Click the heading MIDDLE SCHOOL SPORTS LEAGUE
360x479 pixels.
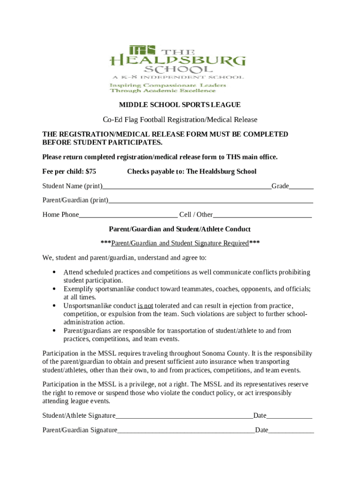click(x=180, y=105)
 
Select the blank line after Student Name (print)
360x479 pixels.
click(x=187, y=187)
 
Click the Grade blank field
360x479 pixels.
click(x=301, y=187)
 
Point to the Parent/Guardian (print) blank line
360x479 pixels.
click(x=210, y=201)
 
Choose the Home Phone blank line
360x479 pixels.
click(x=128, y=216)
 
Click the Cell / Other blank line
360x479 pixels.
click(x=262, y=216)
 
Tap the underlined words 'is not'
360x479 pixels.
click(x=145, y=305)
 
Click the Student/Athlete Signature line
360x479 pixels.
click(x=184, y=416)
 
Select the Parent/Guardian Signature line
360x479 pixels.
click(x=186, y=430)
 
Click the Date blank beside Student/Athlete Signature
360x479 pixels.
click(x=289, y=416)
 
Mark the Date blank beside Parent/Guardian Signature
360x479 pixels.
click(x=291, y=430)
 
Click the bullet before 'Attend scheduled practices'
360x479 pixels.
click(x=54, y=272)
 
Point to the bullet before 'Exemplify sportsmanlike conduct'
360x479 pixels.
click(x=54, y=289)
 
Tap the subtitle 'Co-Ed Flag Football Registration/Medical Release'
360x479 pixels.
click(x=180, y=120)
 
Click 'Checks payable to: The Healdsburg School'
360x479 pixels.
click(x=192, y=172)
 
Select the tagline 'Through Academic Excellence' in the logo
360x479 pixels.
click(x=163, y=91)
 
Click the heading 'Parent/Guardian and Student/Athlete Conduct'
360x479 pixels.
click(x=180, y=229)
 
